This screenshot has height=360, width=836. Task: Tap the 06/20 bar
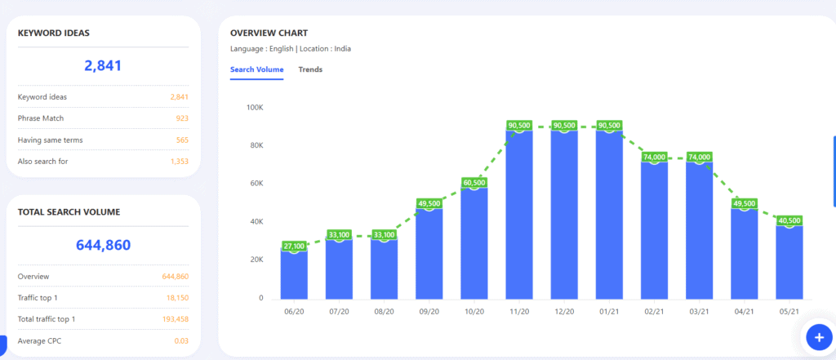coord(294,273)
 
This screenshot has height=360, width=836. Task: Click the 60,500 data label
coord(474,183)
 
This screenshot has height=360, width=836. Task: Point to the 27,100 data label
coord(295,246)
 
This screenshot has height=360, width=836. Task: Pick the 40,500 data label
coord(789,220)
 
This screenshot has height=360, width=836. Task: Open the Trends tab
coord(310,69)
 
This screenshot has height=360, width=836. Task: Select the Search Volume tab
coord(256,69)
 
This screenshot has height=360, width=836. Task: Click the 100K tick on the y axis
coord(254,107)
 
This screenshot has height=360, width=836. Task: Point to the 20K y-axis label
coord(255,260)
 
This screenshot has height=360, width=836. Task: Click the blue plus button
coord(818,336)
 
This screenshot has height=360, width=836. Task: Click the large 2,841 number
coord(103,66)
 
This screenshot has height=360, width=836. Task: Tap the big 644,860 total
coord(103,244)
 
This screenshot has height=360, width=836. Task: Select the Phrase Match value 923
coord(181,118)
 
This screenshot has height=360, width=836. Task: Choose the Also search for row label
coord(42,162)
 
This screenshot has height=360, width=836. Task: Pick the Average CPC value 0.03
coord(181,340)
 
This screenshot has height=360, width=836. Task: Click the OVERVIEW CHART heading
coord(269,33)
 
